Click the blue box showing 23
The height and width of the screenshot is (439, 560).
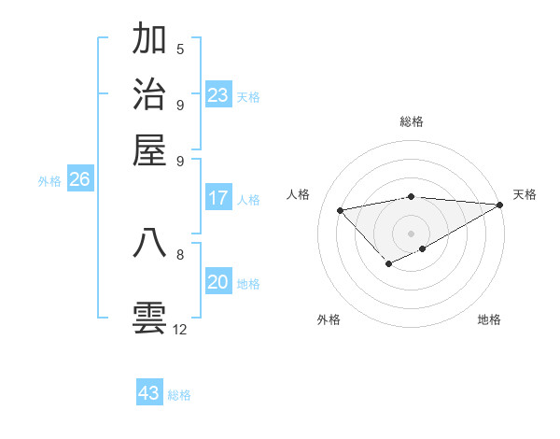click(217, 95)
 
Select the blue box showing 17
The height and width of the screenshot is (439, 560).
click(217, 198)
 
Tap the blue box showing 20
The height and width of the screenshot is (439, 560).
click(217, 283)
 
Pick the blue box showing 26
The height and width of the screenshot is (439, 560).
click(79, 180)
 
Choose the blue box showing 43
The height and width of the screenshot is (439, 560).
click(149, 393)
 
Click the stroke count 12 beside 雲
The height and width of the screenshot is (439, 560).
click(179, 330)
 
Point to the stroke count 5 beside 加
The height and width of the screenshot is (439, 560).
click(180, 50)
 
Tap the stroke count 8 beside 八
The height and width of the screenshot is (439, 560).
click(180, 253)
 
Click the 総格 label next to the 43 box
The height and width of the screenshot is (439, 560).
click(179, 395)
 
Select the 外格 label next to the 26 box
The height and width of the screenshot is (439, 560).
click(49, 181)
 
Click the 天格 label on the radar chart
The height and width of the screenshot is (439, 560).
click(525, 194)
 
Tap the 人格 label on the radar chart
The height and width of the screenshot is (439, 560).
click(299, 194)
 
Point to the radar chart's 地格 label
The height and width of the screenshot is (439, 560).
click(489, 320)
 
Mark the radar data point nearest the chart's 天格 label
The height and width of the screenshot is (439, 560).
click(499, 205)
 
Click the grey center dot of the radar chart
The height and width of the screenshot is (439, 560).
click(411, 233)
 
